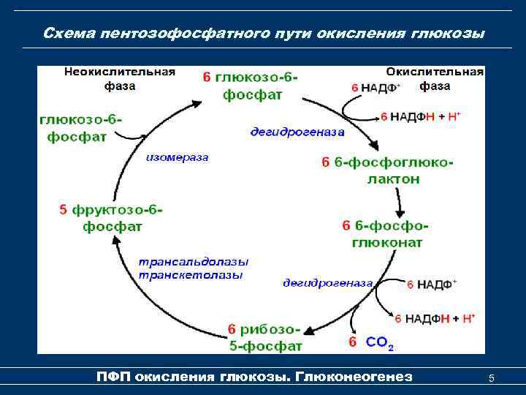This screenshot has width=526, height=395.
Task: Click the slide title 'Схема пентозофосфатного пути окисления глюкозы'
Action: coord(263,34)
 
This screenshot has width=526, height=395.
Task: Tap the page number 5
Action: coord(492,378)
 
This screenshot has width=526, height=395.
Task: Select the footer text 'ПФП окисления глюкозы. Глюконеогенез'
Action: coord(254,377)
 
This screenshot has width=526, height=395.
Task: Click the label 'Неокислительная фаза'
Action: coord(119,78)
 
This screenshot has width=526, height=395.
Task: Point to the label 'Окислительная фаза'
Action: coord(435,79)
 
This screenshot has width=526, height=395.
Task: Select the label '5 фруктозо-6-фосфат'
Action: coord(111,218)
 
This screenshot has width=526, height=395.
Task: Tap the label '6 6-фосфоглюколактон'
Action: coord(387,170)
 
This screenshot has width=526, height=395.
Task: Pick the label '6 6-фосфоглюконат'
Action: coord(385,233)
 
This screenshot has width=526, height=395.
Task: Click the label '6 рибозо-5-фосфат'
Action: coord(264,337)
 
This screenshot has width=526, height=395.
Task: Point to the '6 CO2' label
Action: coord(371,342)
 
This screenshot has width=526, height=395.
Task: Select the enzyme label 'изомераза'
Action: coord(177,157)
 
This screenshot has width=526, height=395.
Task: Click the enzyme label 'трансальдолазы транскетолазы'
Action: coord(194,268)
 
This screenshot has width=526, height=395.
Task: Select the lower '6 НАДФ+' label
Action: coord(431,284)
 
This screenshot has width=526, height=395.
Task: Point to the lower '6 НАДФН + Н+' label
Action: coord(435,318)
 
